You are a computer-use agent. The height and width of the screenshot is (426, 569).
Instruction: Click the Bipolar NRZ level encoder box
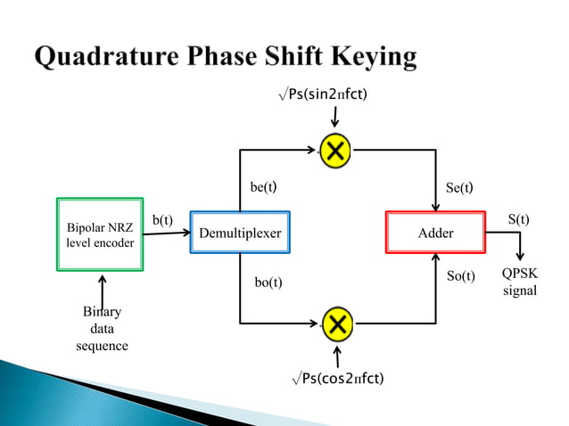click(x=101, y=233)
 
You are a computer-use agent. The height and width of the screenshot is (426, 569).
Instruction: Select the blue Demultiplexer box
click(x=240, y=233)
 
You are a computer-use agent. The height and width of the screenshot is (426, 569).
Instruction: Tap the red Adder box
click(x=434, y=233)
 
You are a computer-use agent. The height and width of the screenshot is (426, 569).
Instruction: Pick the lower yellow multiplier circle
click(x=336, y=322)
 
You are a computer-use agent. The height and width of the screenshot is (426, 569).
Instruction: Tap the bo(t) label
click(x=268, y=283)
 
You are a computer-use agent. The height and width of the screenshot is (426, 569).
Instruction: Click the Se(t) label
click(x=458, y=188)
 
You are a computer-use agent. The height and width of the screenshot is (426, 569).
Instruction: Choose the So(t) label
click(x=460, y=276)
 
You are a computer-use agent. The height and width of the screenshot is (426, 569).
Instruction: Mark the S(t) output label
click(x=518, y=218)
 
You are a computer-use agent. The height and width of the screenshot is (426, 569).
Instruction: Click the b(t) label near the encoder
click(x=162, y=219)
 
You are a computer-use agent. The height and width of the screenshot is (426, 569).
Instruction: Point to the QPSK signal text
click(x=519, y=283)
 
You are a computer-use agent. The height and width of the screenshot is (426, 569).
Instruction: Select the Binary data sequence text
click(x=102, y=329)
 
